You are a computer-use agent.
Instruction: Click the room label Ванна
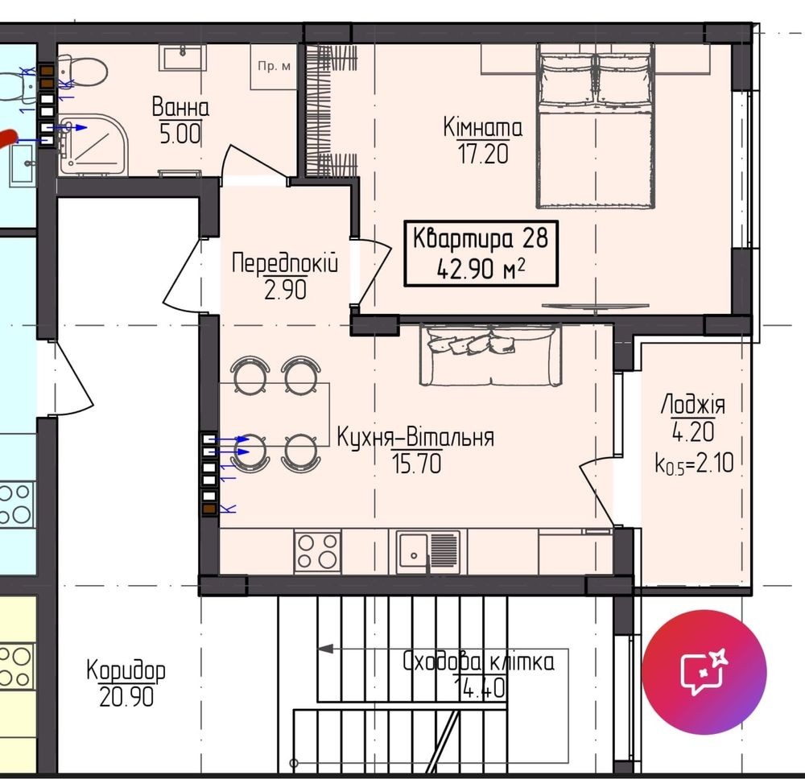click(x=180, y=107)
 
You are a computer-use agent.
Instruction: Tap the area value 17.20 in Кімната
click(x=482, y=154)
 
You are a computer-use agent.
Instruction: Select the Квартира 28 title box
click(x=481, y=253)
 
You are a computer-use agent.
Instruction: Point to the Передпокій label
click(x=285, y=263)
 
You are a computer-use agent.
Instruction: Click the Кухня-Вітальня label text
click(x=415, y=438)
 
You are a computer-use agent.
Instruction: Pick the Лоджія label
click(x=692, y=405)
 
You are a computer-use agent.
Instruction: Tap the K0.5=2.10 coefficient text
click(x=694, y=464)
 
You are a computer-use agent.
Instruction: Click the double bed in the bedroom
click(x=596, y=126)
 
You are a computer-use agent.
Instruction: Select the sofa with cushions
click(x=491, y=354)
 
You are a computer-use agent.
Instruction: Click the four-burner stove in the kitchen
click(x=317, y=552)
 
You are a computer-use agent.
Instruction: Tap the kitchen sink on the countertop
click(x=428, y=552)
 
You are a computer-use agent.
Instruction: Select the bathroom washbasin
click(x=182, y=57)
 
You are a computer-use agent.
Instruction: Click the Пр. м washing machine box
click(x=274, y=67)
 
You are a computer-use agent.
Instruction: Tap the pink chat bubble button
click(x=704, y=672)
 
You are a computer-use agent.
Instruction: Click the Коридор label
click(x=126, y=670)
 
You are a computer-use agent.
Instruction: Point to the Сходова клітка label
click(x=478, y=662)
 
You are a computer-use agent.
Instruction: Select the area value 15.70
click(x=416, y=464)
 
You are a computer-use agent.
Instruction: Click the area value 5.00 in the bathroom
click(x=180, y=134)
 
